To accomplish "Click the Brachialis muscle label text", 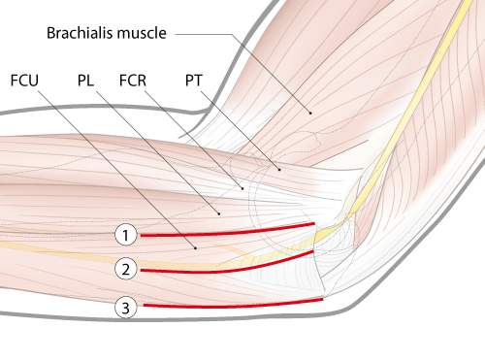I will [x=107, y=33].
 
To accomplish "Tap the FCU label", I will [x=23, y=77].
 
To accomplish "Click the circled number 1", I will [x=125, y=235].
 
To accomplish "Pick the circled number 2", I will [x=125, y=268].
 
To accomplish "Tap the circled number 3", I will [x=125, y=309].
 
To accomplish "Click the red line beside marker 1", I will [x=223, y=232].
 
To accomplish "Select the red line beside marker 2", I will [x=223, y=267].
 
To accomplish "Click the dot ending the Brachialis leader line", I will [x=310, y=113].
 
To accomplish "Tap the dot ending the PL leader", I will [x=220, y=213].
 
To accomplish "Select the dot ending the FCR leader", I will [x=242, y=187].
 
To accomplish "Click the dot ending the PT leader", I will [x=279, y=170].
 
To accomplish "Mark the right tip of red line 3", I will [x=321, y=300].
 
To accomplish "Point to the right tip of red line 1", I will [x=314, y=224].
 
